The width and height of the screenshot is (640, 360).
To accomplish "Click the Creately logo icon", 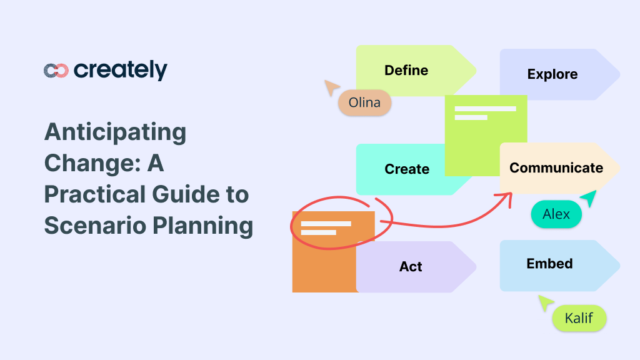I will pos(56,71).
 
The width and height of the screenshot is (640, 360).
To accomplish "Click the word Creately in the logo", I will pos(121,71).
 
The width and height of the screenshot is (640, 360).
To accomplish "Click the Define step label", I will pos(406,70).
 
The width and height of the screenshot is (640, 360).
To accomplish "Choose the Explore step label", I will pos(552,74).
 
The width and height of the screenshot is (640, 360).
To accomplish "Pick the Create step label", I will pos(407,169).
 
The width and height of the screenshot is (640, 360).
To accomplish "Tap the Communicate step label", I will pos(556,167).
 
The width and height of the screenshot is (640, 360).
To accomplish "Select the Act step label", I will pos(411,267).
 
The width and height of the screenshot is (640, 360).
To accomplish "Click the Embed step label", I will pos(549,264).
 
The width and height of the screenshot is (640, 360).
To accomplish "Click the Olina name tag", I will pos(364,102).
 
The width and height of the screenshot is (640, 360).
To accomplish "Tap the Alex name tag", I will pos(556,214).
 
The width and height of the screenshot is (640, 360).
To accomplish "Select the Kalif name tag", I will pos(579,319).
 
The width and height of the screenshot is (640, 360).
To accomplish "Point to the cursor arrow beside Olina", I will pos(331,87).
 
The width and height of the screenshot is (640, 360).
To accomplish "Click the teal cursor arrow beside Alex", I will pos(589,198).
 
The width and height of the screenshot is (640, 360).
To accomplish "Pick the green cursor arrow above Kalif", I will pos(546,302).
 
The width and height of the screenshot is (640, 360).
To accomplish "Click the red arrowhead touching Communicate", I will pos(507,197).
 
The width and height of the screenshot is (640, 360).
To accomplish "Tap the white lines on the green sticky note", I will pos(485,112).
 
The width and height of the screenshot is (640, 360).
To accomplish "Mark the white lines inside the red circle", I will pos(326,227).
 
